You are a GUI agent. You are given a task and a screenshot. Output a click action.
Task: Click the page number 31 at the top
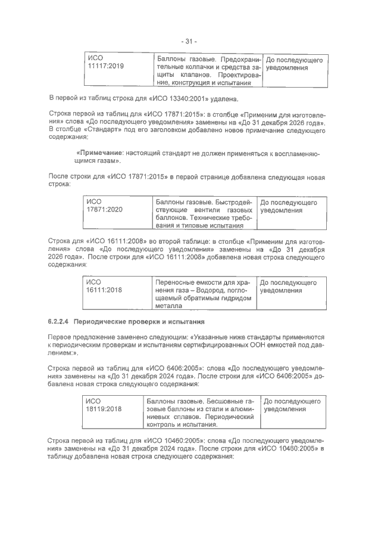pos(190,41)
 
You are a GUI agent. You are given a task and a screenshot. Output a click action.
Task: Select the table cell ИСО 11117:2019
pos(105,63)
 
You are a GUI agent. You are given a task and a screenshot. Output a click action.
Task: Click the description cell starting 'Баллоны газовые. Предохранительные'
pos(208,72)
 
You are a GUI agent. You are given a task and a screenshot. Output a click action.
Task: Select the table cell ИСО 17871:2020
pos(105,206)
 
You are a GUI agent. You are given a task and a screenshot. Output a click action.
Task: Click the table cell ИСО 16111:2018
pos(104,286)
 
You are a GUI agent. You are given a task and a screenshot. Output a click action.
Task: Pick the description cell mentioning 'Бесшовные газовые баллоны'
pos(200,413)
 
